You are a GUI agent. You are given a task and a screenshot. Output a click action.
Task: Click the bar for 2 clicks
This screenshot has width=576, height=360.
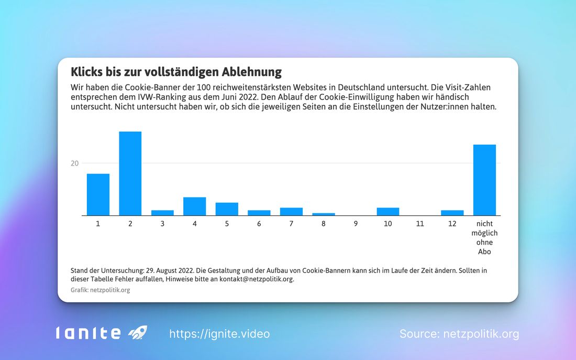tap(130, 173)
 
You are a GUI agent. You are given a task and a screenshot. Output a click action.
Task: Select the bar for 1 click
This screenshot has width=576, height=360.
tap(98, 194)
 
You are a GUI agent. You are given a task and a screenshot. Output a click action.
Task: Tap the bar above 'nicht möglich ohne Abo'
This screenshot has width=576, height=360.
tap(484, 180)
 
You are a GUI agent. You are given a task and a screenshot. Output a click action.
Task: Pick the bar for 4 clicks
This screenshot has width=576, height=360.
tap(194, 206)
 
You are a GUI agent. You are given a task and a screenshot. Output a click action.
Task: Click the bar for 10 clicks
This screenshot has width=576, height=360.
tap(388, 212)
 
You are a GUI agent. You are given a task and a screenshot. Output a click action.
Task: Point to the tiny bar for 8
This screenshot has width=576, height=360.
tap(324, 214)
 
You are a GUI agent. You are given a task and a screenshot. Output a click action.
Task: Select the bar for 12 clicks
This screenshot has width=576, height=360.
tap(452, 213)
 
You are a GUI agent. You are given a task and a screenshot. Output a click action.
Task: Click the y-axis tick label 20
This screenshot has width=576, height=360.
tap(75, 163)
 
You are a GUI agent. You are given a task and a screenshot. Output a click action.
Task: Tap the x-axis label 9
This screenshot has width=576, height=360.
tap(356, 224)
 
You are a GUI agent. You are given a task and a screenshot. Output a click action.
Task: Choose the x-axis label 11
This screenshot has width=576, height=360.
tap(420, 224)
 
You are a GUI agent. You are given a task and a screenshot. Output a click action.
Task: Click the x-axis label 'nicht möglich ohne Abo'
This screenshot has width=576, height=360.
tap(484, 237)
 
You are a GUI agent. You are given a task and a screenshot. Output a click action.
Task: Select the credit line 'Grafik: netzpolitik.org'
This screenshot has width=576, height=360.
tap(100, 290)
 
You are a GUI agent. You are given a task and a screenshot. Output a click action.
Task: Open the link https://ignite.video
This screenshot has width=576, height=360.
tap(219, 334)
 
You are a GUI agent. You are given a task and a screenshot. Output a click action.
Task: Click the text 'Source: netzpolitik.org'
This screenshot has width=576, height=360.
tap(459, 334)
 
